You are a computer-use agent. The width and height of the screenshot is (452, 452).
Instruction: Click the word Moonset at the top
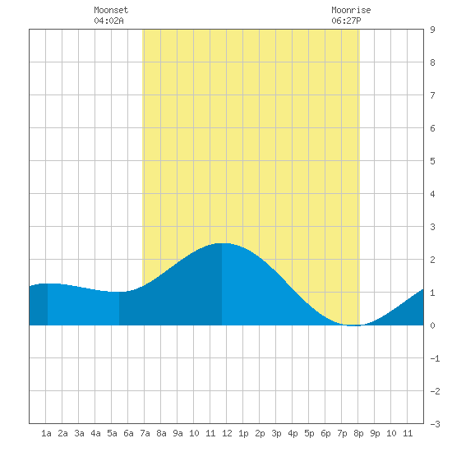(111, 10)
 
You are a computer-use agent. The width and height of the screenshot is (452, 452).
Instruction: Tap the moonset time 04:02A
(108, 21)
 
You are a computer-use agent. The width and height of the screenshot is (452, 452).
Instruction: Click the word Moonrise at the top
(351, 10)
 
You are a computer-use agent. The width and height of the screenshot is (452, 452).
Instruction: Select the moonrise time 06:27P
(346, 21)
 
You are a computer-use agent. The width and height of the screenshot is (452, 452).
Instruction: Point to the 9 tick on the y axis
(432, 30)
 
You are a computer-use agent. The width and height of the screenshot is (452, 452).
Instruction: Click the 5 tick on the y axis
(432, 161)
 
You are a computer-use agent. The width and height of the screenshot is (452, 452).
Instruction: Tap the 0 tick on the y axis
(432, 325)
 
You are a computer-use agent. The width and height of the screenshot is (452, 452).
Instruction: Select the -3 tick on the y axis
(435, 424)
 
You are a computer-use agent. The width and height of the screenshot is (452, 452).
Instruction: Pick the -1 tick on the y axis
(435, 358)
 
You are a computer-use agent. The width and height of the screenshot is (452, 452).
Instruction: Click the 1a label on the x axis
(46, 433)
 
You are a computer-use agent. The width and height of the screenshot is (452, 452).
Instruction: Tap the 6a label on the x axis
(128, 433)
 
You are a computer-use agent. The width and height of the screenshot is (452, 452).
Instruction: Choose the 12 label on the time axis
(227, 433)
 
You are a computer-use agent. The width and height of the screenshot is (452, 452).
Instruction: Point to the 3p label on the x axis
(276, 433)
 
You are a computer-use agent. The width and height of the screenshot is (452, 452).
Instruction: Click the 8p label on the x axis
(358, 433)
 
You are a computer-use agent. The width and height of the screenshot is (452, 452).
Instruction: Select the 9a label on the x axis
(178, 433)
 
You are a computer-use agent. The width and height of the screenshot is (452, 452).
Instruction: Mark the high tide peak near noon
(222, 243)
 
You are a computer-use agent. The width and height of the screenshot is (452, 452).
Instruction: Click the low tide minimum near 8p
(353, 325)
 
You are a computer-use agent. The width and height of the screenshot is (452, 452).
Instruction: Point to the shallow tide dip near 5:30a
(119, 292)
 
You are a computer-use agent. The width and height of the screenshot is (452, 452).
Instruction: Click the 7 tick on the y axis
(432, 95)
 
